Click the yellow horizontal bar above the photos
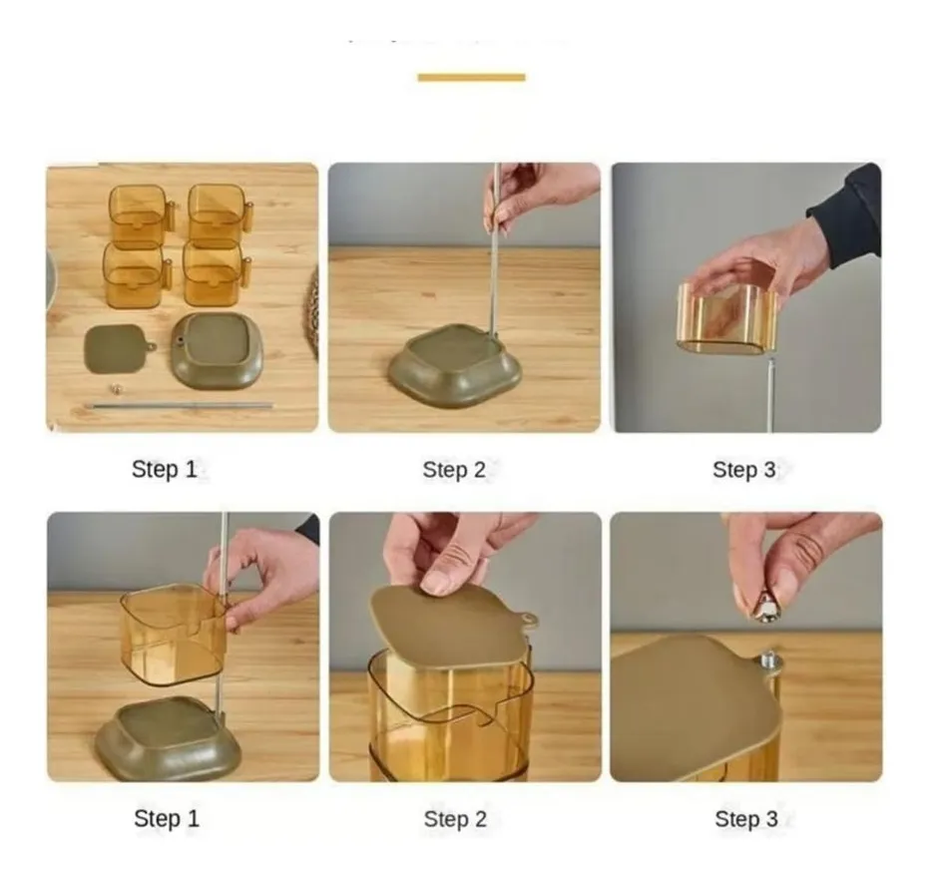pyautogui.click(x=471, y=77)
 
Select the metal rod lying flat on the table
pyautogui.click(x=180, y=406)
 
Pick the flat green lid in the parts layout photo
pyautogui.click(x=117, y=348)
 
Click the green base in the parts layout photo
pyautogui.click(x=216, y=350)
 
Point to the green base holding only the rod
pyautogui.click(x=454, y=366)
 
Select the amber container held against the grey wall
pyautogui.click(x=727, y=318)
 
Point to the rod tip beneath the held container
pyautogui.click(x=768, y=394)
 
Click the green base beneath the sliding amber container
pyautogui.click(x=168, y=738)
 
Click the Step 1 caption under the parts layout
pyautogui.click(x=165, y=470)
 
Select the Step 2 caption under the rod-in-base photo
pyautogui.click(x=454, y=470)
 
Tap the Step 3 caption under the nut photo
pyautogui.click(x=745, y=819)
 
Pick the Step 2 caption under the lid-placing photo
pyautogui.click(x=455, y=819)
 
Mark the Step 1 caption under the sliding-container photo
pyautogui.click(x=167, y=819)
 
